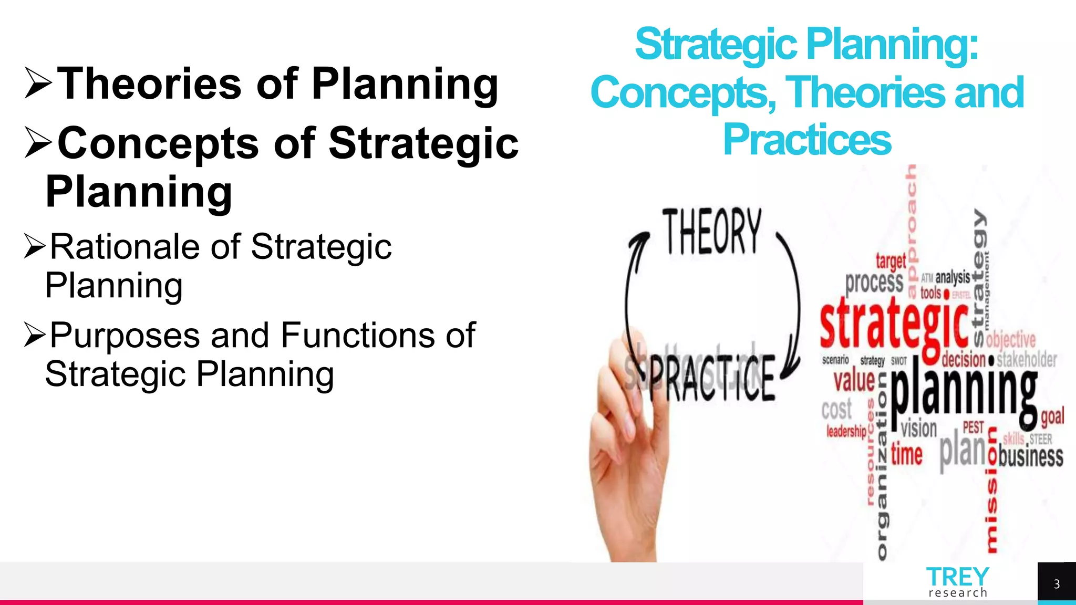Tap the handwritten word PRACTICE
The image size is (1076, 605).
click(x=712, y=377)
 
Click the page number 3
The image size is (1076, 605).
click(x=1057, y=584)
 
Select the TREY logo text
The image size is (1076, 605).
click(x=957, y=577)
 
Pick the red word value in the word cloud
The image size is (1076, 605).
click(x=854, y=380)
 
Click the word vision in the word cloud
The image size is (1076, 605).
click(x=919, y=429)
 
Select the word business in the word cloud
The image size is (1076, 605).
click(x=1031, y=456)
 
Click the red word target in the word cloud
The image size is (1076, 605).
click(x=891, y=260)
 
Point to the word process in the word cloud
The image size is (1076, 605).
click(x=874, y=283)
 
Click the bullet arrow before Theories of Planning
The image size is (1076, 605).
click(x=38, y=84)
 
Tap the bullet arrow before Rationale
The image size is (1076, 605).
click(x=35, y=247)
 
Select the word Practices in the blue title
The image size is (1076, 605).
click(x=807, y=140)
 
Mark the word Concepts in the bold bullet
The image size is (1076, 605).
click(x=158, y=143)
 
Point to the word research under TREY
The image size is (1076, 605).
click(x=958, y=593)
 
